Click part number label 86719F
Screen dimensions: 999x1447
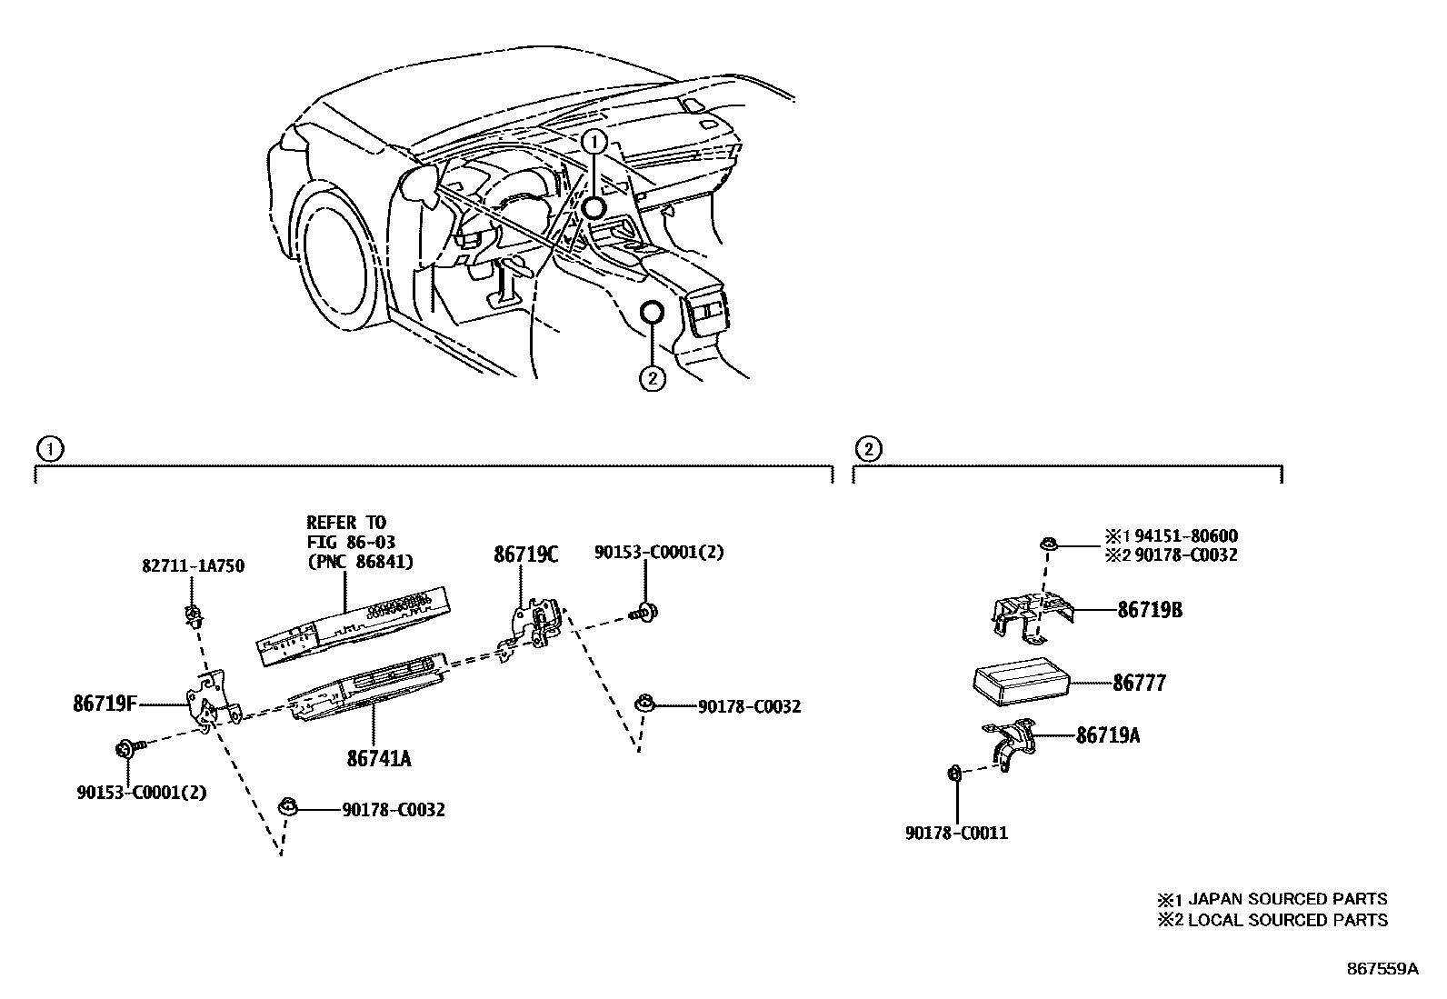click(105, 703)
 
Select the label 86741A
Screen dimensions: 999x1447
click(378, 757)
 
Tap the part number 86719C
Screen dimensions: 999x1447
click(526, 554)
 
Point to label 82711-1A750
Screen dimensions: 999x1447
click(193, 566)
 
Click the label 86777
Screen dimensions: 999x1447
click(1138, 683)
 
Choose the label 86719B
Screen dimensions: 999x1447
click(1150, 610)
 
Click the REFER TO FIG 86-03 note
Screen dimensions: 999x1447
click(359, 542)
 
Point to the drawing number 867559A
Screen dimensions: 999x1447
click(1382, 969)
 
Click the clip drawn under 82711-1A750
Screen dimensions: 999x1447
click(193, 616)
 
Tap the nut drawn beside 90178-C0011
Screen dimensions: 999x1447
click(955, 774)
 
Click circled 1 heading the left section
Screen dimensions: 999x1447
click(49, 447)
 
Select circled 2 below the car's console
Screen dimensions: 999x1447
click(653, 378)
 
